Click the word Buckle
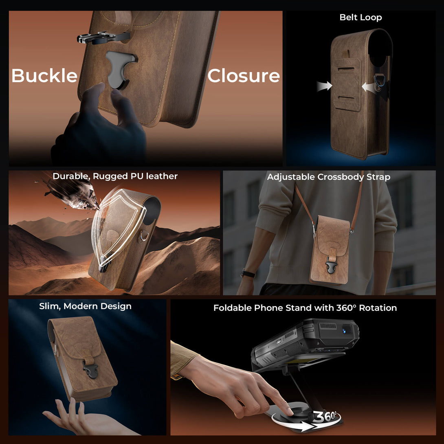point(44,75)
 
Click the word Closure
point(244,76)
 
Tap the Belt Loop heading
point(360,17)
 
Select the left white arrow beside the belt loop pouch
point(324,86)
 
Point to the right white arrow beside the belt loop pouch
point(369,87)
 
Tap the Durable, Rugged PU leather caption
point(115,176)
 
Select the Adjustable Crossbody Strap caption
point(328,177)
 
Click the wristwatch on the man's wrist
point(248,274)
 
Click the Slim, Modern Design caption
point(85,306)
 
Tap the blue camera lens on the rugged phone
point(346,330)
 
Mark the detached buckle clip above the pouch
point(103,37)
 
